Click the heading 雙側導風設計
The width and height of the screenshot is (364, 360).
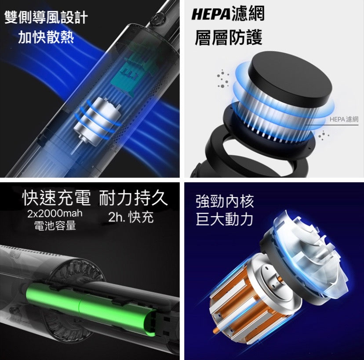click(46, 18)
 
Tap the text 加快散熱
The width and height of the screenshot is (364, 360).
click(46, 37)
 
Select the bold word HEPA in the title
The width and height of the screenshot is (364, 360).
click(211, 14)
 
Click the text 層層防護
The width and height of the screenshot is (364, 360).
click(229, 37)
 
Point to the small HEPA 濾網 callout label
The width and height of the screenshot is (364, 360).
click(344, 119)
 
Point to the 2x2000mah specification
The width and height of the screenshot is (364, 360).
click(55, 213)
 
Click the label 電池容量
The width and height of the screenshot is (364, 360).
click(55, 225)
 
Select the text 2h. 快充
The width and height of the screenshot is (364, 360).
click(131, 217)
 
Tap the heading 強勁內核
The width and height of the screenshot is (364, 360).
click(225, 202)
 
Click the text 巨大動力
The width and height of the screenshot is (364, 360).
click(224, 219)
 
